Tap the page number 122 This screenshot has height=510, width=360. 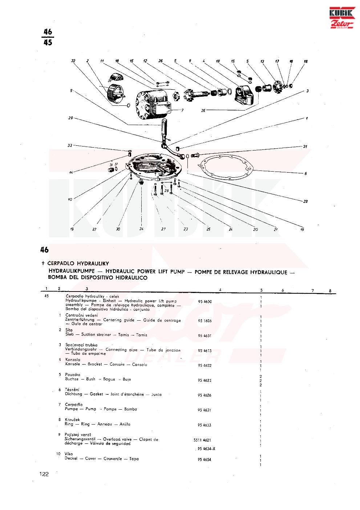[44, 474]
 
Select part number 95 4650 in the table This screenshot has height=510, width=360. [205, 301]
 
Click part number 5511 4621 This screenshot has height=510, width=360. [202, 440]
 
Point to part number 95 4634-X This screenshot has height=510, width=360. [207, 449]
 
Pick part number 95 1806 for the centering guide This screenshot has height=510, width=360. [205, 321]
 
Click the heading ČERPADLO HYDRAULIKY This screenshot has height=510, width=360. [78, 264]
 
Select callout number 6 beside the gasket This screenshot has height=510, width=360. [306, 174]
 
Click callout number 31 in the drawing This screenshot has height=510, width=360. [306, 146]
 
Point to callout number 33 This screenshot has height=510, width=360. [69, 145]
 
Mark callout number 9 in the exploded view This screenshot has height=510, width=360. [72, 90]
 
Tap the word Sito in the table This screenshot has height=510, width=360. [69, 330]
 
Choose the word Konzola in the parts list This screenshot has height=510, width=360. [73, 360]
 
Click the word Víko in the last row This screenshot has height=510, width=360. [69, 454]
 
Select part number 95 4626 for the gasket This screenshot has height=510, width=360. [205, 395]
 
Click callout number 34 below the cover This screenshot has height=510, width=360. [141, 229]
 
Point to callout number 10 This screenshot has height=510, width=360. [70, 199]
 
